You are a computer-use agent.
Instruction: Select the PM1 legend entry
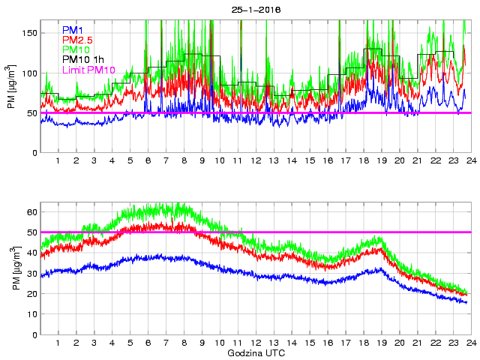pos(73,30)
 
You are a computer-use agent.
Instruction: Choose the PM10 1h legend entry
pos(83,59)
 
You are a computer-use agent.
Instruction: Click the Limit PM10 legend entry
pos(88,70)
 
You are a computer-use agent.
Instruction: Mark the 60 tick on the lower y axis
pos(32,212)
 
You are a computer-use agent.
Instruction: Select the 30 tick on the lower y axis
pos(32,274)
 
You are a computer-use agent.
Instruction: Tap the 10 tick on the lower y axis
pos(32,314)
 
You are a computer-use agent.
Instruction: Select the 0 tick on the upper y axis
pos(34,153)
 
